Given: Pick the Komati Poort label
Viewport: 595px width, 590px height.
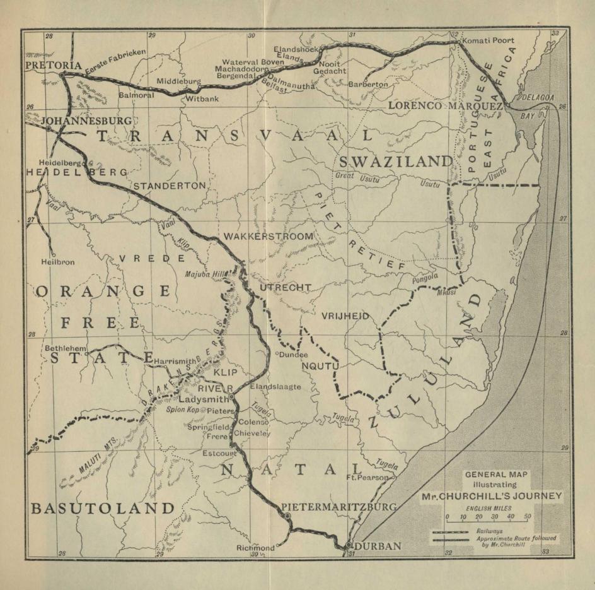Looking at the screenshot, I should [488, 40].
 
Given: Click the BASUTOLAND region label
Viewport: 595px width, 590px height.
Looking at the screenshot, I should [101, 508].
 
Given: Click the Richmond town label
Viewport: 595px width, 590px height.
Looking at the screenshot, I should [255, 548].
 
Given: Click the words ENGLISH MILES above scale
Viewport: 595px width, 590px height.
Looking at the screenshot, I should [489, 507].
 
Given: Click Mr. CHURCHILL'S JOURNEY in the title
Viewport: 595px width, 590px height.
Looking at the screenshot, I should [490, 496].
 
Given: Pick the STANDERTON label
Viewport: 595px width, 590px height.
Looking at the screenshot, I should [169, 186].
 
